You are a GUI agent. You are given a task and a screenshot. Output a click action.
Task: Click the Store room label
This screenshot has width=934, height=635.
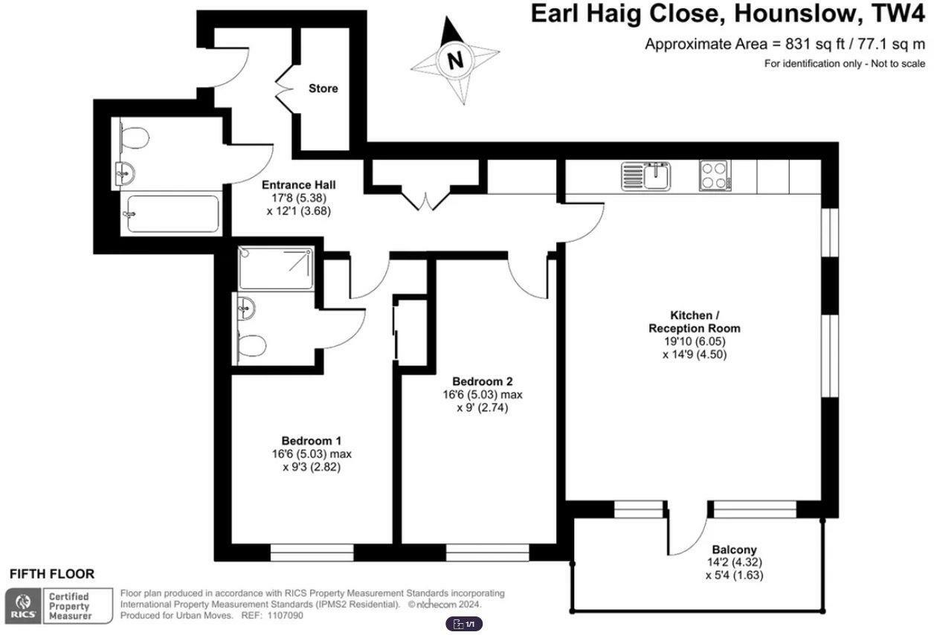coord(323,88)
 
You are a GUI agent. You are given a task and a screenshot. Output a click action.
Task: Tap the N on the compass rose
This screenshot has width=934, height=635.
coord(456,59)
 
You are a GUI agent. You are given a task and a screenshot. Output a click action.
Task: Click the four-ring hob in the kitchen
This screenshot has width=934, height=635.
coord(715,177)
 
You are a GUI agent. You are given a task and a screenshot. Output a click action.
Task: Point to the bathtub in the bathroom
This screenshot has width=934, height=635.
coord(172,214)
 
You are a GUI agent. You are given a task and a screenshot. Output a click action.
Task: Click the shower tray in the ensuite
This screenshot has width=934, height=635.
coord(274,269)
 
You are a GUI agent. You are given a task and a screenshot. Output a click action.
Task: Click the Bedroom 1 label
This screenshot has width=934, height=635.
coord(312,440)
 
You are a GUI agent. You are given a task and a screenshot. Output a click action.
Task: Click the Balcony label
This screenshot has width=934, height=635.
coord(734,549)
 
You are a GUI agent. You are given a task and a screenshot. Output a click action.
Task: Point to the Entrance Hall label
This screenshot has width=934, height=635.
coord(298,184)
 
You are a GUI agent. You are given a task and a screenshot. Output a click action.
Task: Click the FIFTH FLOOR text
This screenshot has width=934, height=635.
coord(52,574)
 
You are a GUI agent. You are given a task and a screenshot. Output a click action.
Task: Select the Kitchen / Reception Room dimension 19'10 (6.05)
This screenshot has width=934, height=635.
coord(695,341)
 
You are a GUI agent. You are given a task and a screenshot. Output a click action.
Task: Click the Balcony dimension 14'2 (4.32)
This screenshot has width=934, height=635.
coord(734,562)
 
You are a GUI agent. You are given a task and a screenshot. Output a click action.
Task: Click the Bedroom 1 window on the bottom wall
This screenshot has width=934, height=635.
coord(312,552)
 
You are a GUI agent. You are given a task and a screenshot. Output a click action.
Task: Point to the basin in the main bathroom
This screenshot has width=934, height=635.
coord(125,174)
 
